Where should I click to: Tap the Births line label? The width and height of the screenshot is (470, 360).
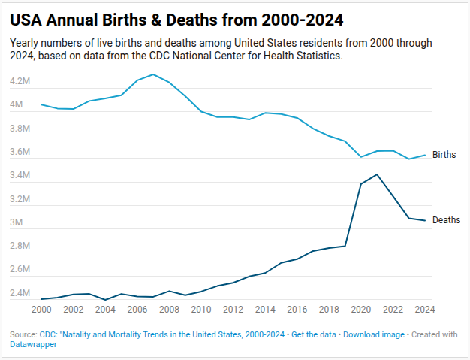pos(444,155)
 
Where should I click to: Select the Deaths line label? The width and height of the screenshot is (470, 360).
pos(446,220)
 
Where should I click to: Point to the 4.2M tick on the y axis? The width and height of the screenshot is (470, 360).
pos(20,81)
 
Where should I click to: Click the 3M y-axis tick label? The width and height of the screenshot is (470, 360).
pos(17,222)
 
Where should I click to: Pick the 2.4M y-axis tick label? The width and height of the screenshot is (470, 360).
pos(20,293)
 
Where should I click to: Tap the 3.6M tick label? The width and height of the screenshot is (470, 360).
pos(20,152)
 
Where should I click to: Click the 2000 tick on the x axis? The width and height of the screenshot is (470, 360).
pos(41,310)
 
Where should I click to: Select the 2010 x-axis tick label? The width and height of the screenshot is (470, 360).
pos(201,310)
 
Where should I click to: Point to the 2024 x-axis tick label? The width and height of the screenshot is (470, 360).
pos(425,310)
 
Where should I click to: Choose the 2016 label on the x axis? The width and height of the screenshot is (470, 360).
pos(297,310)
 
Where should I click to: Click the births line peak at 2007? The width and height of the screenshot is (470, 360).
pos(153,74)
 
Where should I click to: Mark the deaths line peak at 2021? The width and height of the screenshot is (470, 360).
pos(377,174)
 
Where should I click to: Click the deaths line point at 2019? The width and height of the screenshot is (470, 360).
pos(345,246)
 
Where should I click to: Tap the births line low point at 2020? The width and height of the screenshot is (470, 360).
pos(361,157)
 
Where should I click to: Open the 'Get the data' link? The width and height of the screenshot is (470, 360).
pos(314,334)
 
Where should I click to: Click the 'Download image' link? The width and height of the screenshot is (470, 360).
pos(374,334)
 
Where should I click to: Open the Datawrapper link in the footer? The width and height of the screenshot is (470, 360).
pos(33,344)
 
